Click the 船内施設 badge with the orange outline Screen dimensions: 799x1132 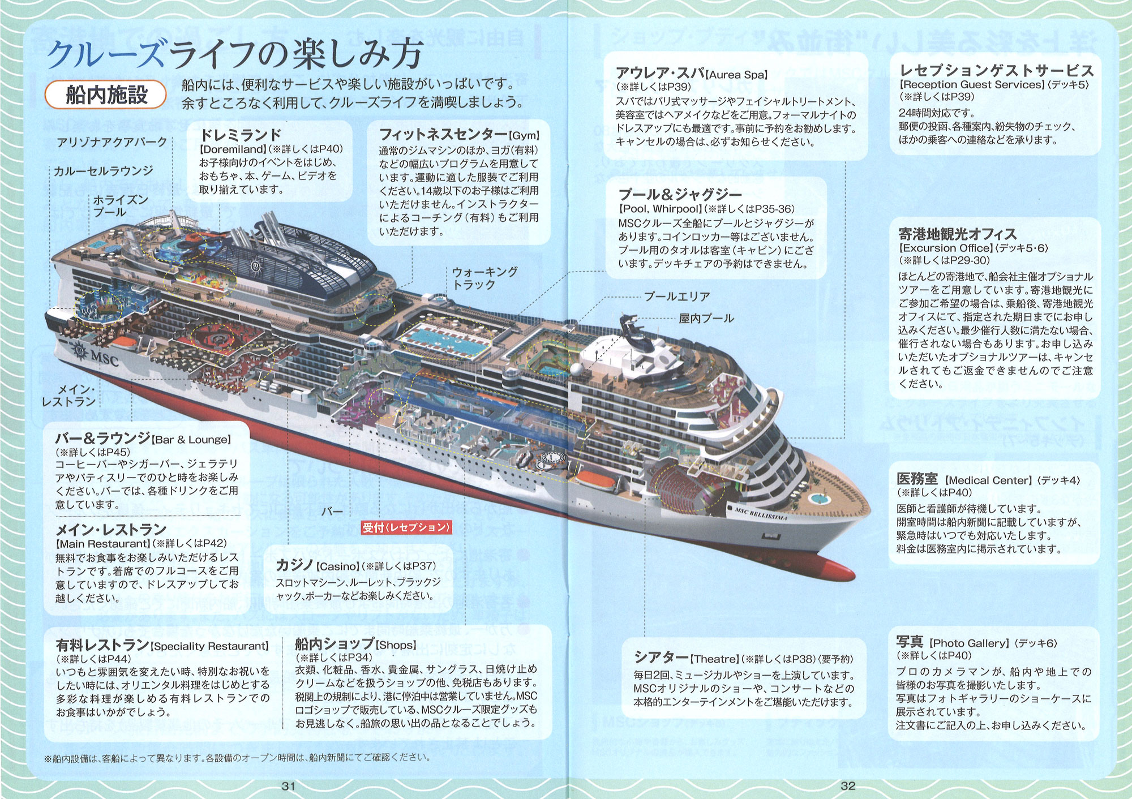[x=106, y=94]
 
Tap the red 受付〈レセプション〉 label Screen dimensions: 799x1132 [x=406, y=527]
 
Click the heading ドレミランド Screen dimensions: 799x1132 [x=241, y=135]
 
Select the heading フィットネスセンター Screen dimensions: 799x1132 [x=443, y=134]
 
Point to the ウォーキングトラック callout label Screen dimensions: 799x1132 [x=484, y=278]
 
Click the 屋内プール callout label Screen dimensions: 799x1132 [x=706, y=319]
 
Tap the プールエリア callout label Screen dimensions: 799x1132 [x=676, y=297]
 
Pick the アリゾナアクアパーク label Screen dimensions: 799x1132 [x=112, y=142]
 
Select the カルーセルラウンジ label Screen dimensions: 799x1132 [x=103, y=171]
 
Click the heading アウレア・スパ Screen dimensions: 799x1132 [x=660, y=73]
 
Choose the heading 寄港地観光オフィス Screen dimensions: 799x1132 [x=957, y=234]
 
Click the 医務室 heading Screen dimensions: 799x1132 [x=917, y=479]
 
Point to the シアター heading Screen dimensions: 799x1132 [x=661, y=658]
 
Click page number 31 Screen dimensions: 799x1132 [x=289, y=786]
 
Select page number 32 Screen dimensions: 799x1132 [x=848, y=786]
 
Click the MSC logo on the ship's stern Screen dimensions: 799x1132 [x=96, y=355]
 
